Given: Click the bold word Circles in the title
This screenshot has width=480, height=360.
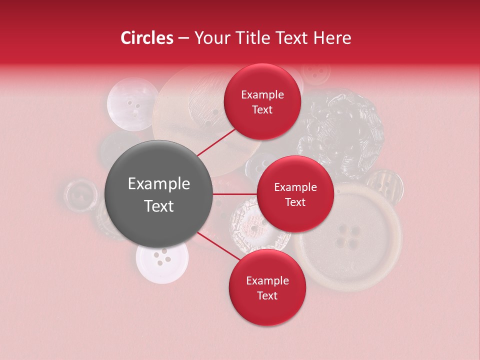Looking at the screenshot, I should tap(146, 38).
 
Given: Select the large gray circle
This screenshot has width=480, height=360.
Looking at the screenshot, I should tap(158, 194).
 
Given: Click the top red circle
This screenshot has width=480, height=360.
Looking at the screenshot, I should tap(262, 101).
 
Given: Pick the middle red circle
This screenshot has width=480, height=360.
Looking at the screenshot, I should tap(295, 194).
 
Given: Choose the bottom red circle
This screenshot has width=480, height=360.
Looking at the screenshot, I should tap(267, 287).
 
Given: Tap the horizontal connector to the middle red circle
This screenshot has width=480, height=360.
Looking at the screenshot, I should tap(234, 194).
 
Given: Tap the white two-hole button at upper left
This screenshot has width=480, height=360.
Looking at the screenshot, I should tap(132, 104).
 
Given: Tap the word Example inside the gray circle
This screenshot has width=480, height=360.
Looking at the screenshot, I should tap(158, 184).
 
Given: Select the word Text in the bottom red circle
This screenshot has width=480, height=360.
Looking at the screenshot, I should tap(267, 295).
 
